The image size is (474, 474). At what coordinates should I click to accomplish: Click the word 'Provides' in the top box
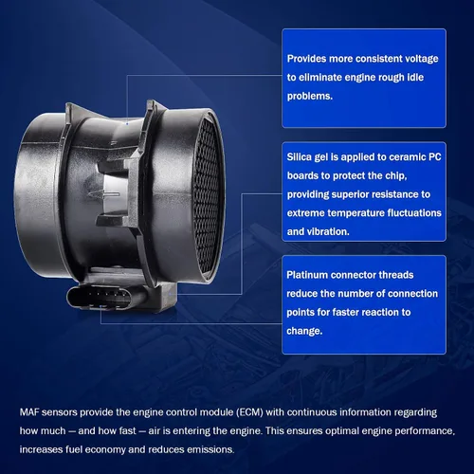click(306, 59)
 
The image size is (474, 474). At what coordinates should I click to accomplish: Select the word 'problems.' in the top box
click(310, 96)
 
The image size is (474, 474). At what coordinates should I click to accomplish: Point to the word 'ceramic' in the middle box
click(408, 156)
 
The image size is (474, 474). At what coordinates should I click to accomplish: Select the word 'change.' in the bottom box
click(304, 331)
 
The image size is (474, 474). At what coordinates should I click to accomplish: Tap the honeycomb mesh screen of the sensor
click(207, 197)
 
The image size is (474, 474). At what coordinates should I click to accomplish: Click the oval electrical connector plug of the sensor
click(106, 298)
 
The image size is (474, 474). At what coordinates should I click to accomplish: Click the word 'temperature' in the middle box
click(355, 213)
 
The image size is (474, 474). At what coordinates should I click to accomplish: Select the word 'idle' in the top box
click(414, 77)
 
